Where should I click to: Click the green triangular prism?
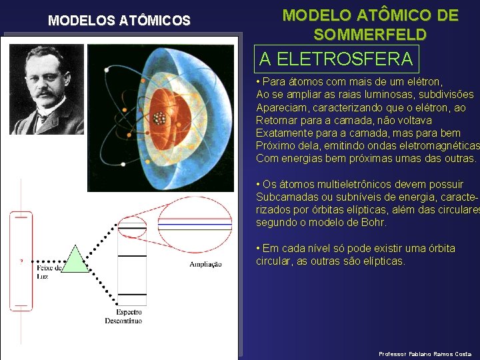click(75, 261)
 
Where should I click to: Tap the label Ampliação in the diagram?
click(205, 265)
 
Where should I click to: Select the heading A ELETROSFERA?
click(336, 59)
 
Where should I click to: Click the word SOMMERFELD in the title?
click(370, 35)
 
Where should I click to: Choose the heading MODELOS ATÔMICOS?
click(119, 21)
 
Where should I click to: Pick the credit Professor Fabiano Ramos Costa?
click(425, 353)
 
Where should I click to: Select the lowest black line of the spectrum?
click(131, 294)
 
